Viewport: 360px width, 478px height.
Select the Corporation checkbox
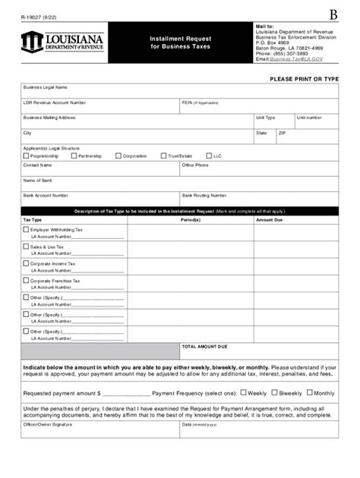(x=118, y=156)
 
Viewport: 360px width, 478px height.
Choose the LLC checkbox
(x=207, y=156)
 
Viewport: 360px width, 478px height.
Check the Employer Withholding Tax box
(x=26, y=229)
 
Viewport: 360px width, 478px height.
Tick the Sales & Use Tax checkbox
(x=26, y=247)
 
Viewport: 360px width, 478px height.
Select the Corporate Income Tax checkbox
(x=26, y=264)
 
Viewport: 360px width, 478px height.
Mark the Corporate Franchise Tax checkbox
(x=26, y=281)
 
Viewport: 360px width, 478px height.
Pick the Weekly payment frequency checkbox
(x=243, y=393)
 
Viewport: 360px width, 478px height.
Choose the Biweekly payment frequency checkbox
(x=274, y=393)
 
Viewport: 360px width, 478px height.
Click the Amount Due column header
(x=269, y=219)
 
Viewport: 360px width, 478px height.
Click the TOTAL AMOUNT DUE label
(x=204, y=345)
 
